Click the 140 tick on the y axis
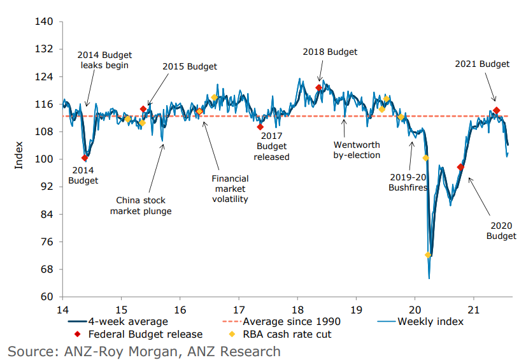(45, 22)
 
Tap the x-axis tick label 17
(239, 309)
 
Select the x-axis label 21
(473, 309)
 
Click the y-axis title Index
(18, 154)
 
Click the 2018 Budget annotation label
(330, 52)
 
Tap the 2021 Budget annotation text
(482, 64)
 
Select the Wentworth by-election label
(357, 150)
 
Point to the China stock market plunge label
(141, 205)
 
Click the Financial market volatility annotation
(230, 189)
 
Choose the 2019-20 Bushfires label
(408, 183)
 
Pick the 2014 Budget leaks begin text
(103, 59)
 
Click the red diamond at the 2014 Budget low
(85, 158)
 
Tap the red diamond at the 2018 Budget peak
(319, 88)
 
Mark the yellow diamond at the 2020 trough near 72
(428, 255)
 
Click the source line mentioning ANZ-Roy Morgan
(144, 350)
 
